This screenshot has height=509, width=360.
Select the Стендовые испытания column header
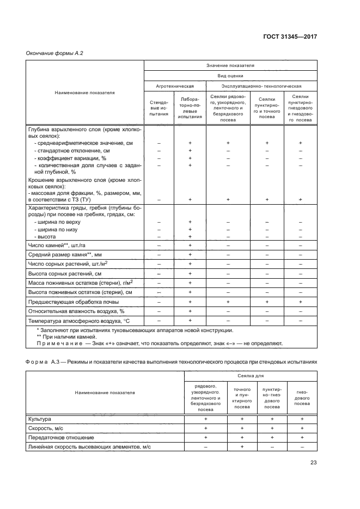pos(159,109)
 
